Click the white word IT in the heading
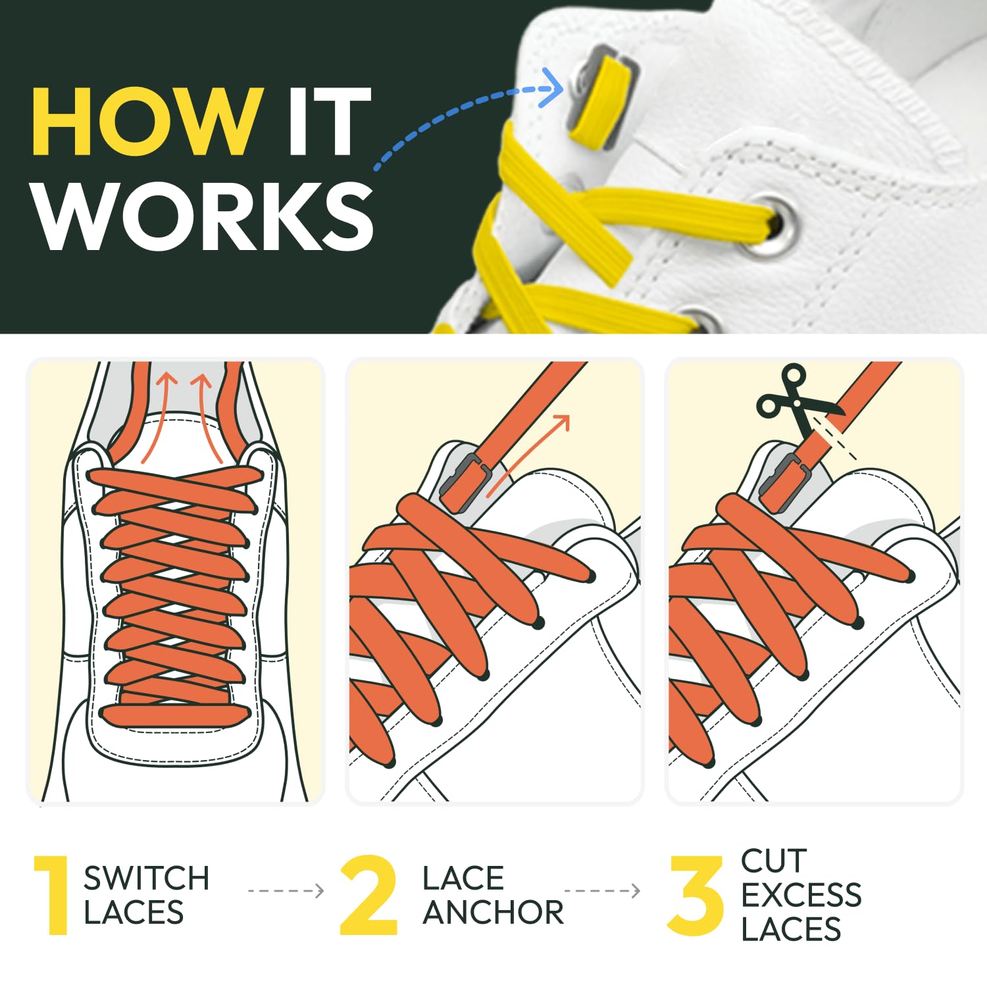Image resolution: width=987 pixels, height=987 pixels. tap(329, 122)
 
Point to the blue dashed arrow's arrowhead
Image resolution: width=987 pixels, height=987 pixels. tap(553, 88)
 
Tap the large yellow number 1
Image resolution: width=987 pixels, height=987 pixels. tap(53, 895)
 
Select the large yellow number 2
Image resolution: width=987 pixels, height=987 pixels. tap(369, 895)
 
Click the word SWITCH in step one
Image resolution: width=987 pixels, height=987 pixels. tap(146, 878)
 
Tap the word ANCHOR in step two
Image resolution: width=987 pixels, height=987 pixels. tap(493, 913)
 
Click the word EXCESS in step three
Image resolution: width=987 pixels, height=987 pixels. tap(801, 895)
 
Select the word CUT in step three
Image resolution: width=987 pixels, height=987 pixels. tap(773, 861)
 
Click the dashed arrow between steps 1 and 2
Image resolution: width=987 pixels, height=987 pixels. tap(286, 891)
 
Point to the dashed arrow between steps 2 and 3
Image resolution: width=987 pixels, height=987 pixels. tap(602, 891)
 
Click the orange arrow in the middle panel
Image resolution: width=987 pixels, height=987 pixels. tap(530, 454)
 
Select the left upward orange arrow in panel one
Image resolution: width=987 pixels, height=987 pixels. tap(156, 418)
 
